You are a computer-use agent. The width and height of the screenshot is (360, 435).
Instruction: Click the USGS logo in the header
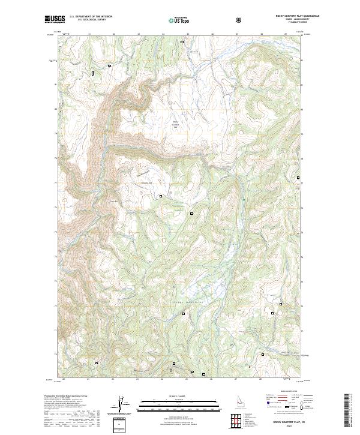click(x=55, y=19)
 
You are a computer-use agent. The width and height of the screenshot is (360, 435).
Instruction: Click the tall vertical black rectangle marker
click(x=93, y=73)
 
